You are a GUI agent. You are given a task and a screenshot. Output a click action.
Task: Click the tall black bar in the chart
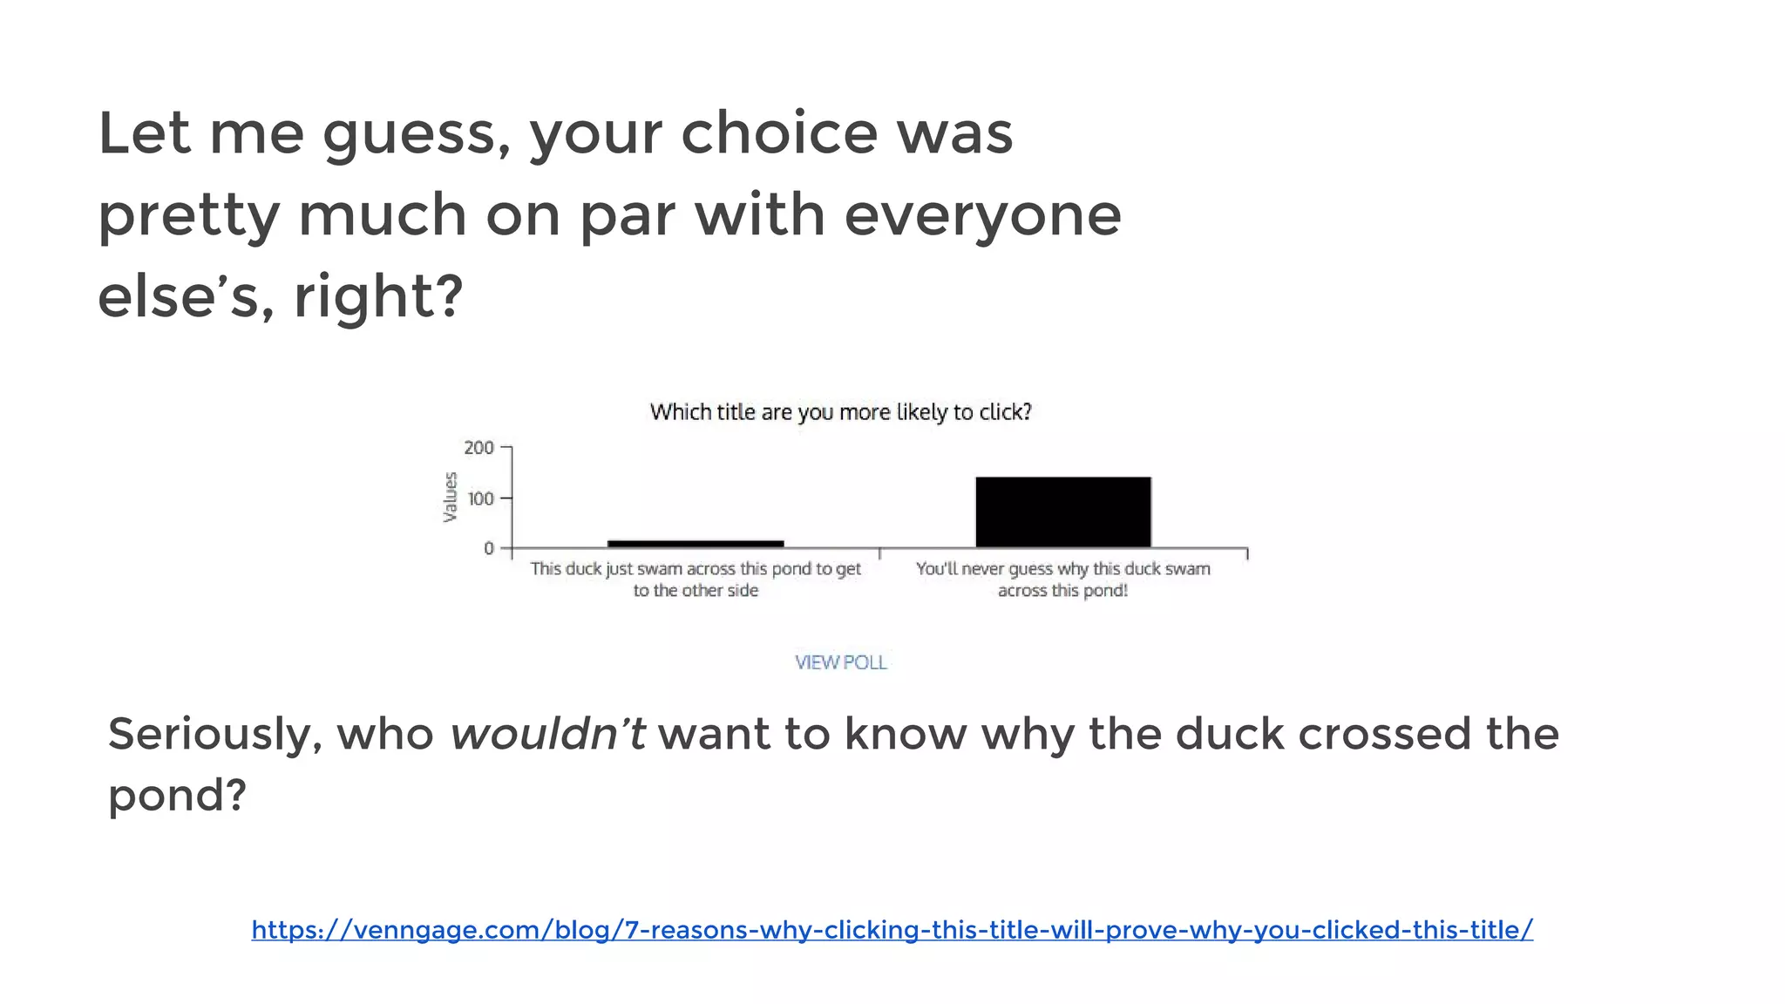1062,512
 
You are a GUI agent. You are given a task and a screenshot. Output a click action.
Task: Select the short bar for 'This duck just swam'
696,544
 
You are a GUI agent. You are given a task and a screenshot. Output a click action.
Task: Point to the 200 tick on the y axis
478,448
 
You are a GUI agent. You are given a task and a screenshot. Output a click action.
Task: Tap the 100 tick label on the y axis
480,499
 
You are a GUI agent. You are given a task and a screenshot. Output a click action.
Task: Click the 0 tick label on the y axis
489,548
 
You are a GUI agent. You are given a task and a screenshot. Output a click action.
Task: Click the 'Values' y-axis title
450,497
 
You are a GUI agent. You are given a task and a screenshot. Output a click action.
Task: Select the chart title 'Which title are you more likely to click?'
840,412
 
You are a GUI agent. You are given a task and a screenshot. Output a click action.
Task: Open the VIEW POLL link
840,662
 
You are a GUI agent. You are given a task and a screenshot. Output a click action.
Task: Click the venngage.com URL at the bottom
892,930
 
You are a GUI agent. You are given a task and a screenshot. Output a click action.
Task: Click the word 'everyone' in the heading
982,215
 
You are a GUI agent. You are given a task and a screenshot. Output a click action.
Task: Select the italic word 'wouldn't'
547,734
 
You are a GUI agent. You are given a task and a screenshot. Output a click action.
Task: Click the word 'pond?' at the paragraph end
177,796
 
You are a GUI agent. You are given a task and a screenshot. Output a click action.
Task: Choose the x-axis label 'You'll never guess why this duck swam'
1062,569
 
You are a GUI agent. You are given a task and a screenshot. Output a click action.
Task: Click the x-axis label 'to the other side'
696,591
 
